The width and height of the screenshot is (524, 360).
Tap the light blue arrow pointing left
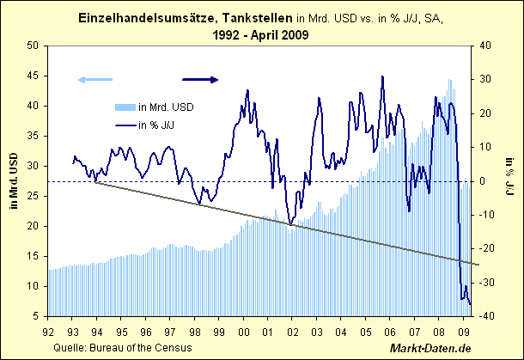click(94, 80)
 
